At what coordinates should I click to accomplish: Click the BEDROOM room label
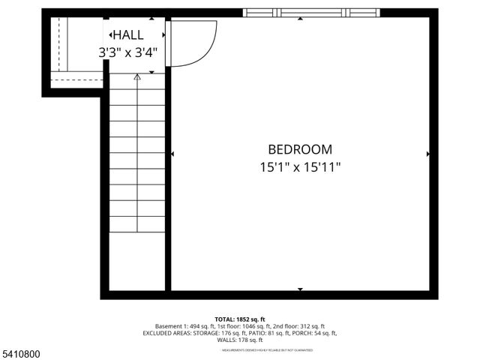click(x=299, y=149)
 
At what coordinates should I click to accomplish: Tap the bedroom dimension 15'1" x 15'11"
click(x=299, y=167)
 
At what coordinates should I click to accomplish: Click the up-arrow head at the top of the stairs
click(x=136, y=76)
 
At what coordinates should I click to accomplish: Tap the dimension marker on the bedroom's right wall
click(x=427, y=154)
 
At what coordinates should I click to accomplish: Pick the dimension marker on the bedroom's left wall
click(x=173, y=154)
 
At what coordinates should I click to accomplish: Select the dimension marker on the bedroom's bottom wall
click(x=300, y=289)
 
